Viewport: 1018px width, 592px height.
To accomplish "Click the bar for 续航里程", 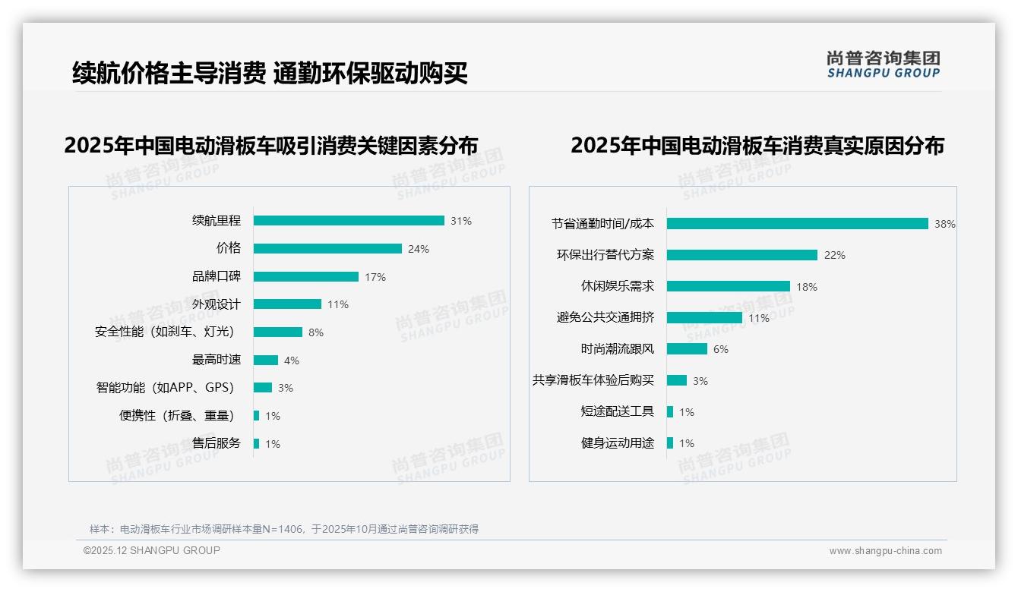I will coord(349,221).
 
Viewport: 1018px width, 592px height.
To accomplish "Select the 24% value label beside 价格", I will coord(419,249).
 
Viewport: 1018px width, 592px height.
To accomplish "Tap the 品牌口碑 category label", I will coord(217,276).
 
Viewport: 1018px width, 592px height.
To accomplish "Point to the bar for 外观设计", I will coord(287,304).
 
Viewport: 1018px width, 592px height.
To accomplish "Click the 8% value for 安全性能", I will coord(316,332).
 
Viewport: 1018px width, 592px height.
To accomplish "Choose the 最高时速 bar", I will coord(266,360).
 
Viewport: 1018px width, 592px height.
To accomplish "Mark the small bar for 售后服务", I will coord(257,443).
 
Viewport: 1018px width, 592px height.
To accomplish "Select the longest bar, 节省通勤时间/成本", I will coord(798,224).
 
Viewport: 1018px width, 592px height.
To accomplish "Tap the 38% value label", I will coord(945,224).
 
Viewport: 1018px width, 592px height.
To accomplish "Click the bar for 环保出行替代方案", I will coord(742,255).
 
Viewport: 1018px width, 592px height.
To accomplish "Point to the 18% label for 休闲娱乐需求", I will coord(807,287).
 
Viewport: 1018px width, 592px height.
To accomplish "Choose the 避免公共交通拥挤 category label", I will coord(605,317).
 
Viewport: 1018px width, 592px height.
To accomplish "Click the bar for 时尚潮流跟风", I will coord(688,349).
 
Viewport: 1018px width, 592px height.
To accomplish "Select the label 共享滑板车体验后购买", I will coord(593,380).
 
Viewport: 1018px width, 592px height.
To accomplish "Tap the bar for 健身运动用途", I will coord(670,443).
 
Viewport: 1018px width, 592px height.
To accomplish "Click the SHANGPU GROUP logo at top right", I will coord(884,64).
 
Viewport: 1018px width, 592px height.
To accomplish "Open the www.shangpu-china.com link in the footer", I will coord(885,551).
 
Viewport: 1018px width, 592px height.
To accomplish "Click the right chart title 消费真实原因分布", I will coord(757,145).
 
